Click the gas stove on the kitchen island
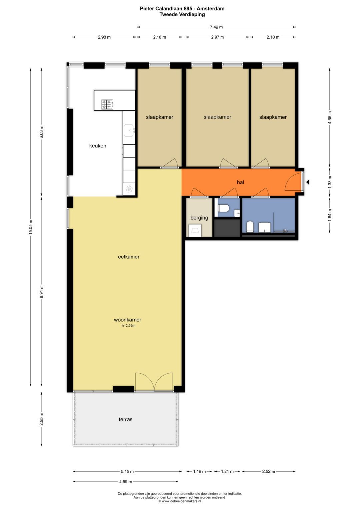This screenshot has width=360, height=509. pos(107,104)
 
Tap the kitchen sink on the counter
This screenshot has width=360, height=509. pos(129,130)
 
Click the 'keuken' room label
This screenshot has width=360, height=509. pos(98,146)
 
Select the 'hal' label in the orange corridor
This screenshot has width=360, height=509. pos(240,182)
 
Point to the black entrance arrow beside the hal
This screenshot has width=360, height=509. pos(308,182)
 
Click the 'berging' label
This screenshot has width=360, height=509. pos(199,218)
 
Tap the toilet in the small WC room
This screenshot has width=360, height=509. pos(223,208)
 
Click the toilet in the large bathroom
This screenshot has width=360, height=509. pos(250,227)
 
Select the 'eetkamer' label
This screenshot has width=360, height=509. pos(129,257)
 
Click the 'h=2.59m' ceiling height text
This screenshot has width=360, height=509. pos(128,326)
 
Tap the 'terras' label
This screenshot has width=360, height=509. pos(125,419)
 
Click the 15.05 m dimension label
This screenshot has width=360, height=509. pos(31,227)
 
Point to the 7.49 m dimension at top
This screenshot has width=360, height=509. pos(216,27)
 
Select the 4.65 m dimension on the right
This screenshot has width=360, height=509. pos(330,117)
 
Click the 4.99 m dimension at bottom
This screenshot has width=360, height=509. pos(125,481)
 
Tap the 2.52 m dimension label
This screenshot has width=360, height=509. pos(268,471)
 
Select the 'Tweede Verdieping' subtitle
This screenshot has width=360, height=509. pos(182,14)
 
